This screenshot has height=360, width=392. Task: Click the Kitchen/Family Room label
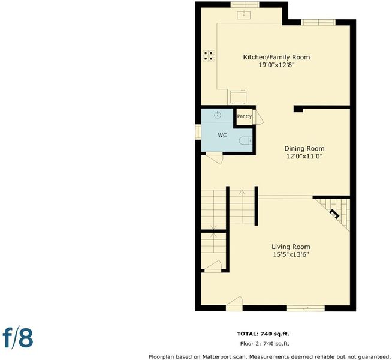click(x=276, y=57)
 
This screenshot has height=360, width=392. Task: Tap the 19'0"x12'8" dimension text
click(x=276, y=65)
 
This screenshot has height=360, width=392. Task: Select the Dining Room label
click(x=304, y=148)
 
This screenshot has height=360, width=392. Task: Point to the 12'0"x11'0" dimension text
click(x=304, y=157)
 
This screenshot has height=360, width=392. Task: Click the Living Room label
click(x=291, y=247)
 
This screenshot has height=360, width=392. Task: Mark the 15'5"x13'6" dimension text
click(x=291, y=254)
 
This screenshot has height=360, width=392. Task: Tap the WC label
click(x=222, y=136)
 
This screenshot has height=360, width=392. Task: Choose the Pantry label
click(x=244, y=116)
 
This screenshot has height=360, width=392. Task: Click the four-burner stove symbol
click(x=209, y=56)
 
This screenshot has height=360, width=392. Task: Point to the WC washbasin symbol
click(x=218, y=115)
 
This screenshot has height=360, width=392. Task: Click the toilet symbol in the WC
click(x=246, y=140)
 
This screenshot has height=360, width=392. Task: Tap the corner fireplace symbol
click(x=334, y=214)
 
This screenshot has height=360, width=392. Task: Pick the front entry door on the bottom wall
click(x=234, y=304)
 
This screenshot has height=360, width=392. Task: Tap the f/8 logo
click(x=18, y=337)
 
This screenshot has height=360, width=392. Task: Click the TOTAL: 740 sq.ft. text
click(x=263, y=334)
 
